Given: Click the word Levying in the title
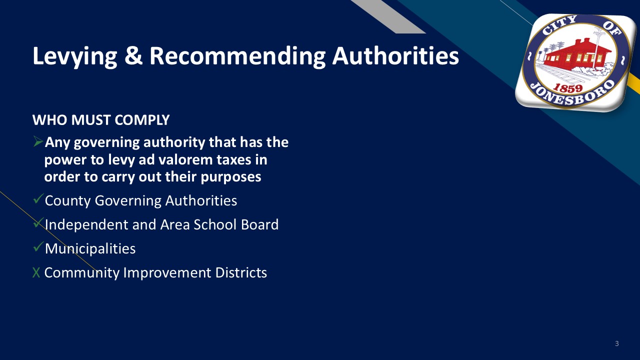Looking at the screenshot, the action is [x=75, y=56].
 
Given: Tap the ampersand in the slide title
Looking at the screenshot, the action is [x=133, y=55].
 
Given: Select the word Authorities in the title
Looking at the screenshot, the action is [x=395, y=55].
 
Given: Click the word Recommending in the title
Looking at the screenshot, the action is [x=237, y=56].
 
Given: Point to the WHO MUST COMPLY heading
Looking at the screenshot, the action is [x=101, y=120].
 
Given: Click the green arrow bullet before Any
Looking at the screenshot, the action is [x=38, y=141].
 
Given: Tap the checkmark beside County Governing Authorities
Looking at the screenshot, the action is [x=38, y=198].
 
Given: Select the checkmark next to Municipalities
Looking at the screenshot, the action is [x=38, y=246].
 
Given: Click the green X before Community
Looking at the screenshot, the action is [x=36, y=272].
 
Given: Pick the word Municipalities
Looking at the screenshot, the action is [x=90, y=248].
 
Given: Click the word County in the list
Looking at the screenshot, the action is [x=67, y=201].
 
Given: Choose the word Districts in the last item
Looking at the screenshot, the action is [x=241, y=272].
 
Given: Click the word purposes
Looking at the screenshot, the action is [x=231, y=177].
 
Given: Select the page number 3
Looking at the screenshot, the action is [x=617, y=343].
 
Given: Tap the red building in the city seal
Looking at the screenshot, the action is [x=577, y=55].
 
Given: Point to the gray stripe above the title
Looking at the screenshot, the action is [x=388, y=16].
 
